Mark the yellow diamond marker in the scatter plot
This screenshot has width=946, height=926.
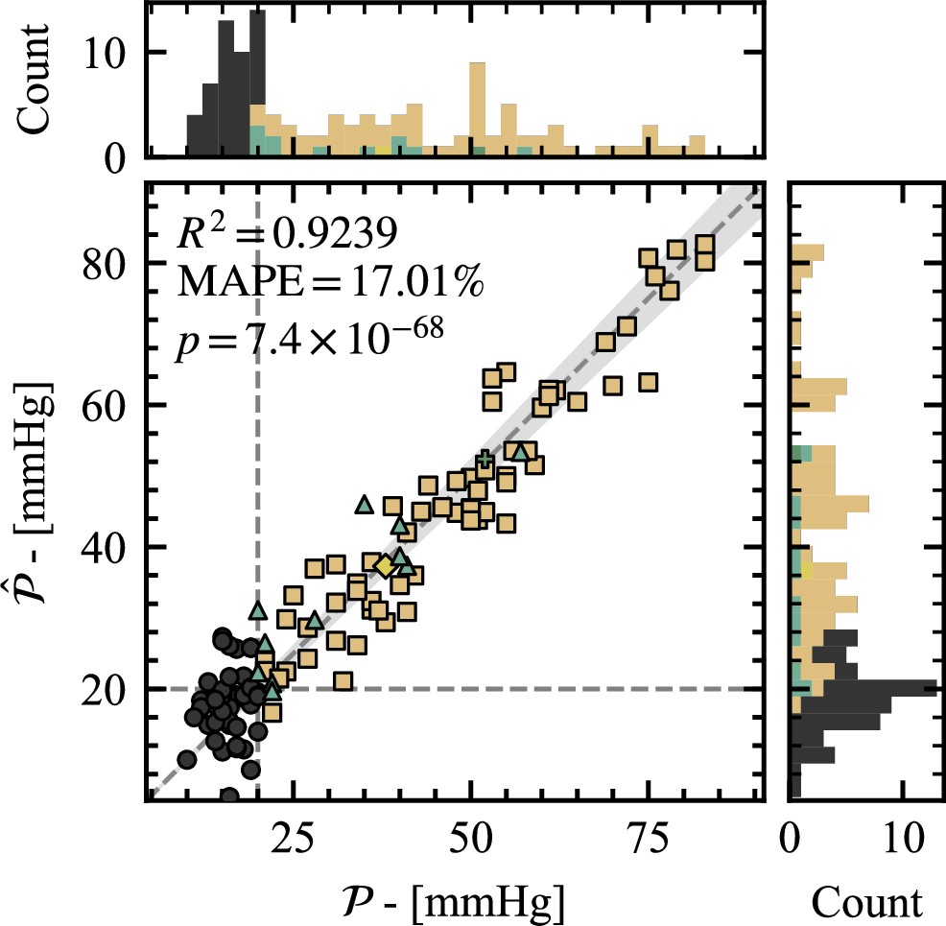coord(384,566)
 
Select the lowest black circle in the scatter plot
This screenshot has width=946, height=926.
coord(229,795)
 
